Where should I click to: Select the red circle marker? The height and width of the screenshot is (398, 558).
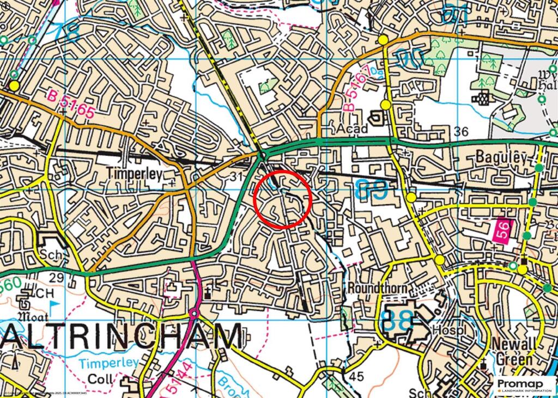[x=283, y=199]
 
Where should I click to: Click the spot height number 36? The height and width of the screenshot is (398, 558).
[x=460, y=131]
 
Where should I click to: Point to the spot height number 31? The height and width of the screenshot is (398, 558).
[x=235, y=176]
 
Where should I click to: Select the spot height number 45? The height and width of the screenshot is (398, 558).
[x=356, y=376]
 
